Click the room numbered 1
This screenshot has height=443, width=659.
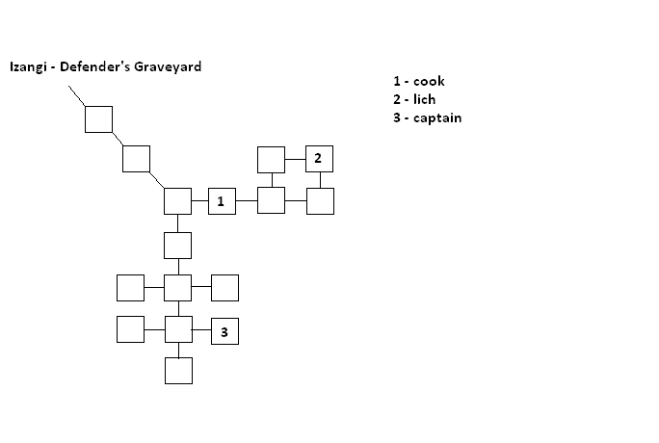coord(222,201)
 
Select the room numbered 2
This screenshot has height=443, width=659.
coord(320,159)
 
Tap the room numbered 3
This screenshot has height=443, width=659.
coord(224,331)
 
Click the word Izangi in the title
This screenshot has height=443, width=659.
coord(28,66)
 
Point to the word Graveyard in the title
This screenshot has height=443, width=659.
coord(168,66)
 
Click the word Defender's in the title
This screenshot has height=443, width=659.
coord(95,66)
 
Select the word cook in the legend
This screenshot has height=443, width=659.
coord(429,81)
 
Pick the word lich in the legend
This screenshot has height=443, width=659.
coord(425,99)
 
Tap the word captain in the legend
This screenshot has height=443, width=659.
coord(437,118)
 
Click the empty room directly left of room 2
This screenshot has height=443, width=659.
coord(271,160)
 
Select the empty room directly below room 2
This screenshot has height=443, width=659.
coord(320,201)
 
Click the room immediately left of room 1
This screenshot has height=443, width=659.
coord(178,201)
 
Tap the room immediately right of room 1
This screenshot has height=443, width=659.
coord(271,200)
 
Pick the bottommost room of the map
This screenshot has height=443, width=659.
coord(178,371)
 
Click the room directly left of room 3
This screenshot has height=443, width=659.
coord(179,329)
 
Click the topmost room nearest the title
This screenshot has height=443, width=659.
coord(99,119)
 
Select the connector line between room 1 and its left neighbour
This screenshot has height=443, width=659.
coord(200,200)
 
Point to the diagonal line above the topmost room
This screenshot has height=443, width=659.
coord(77,96)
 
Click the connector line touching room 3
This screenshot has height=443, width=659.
coord(201,329)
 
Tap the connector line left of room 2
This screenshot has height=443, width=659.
coord(296,159)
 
